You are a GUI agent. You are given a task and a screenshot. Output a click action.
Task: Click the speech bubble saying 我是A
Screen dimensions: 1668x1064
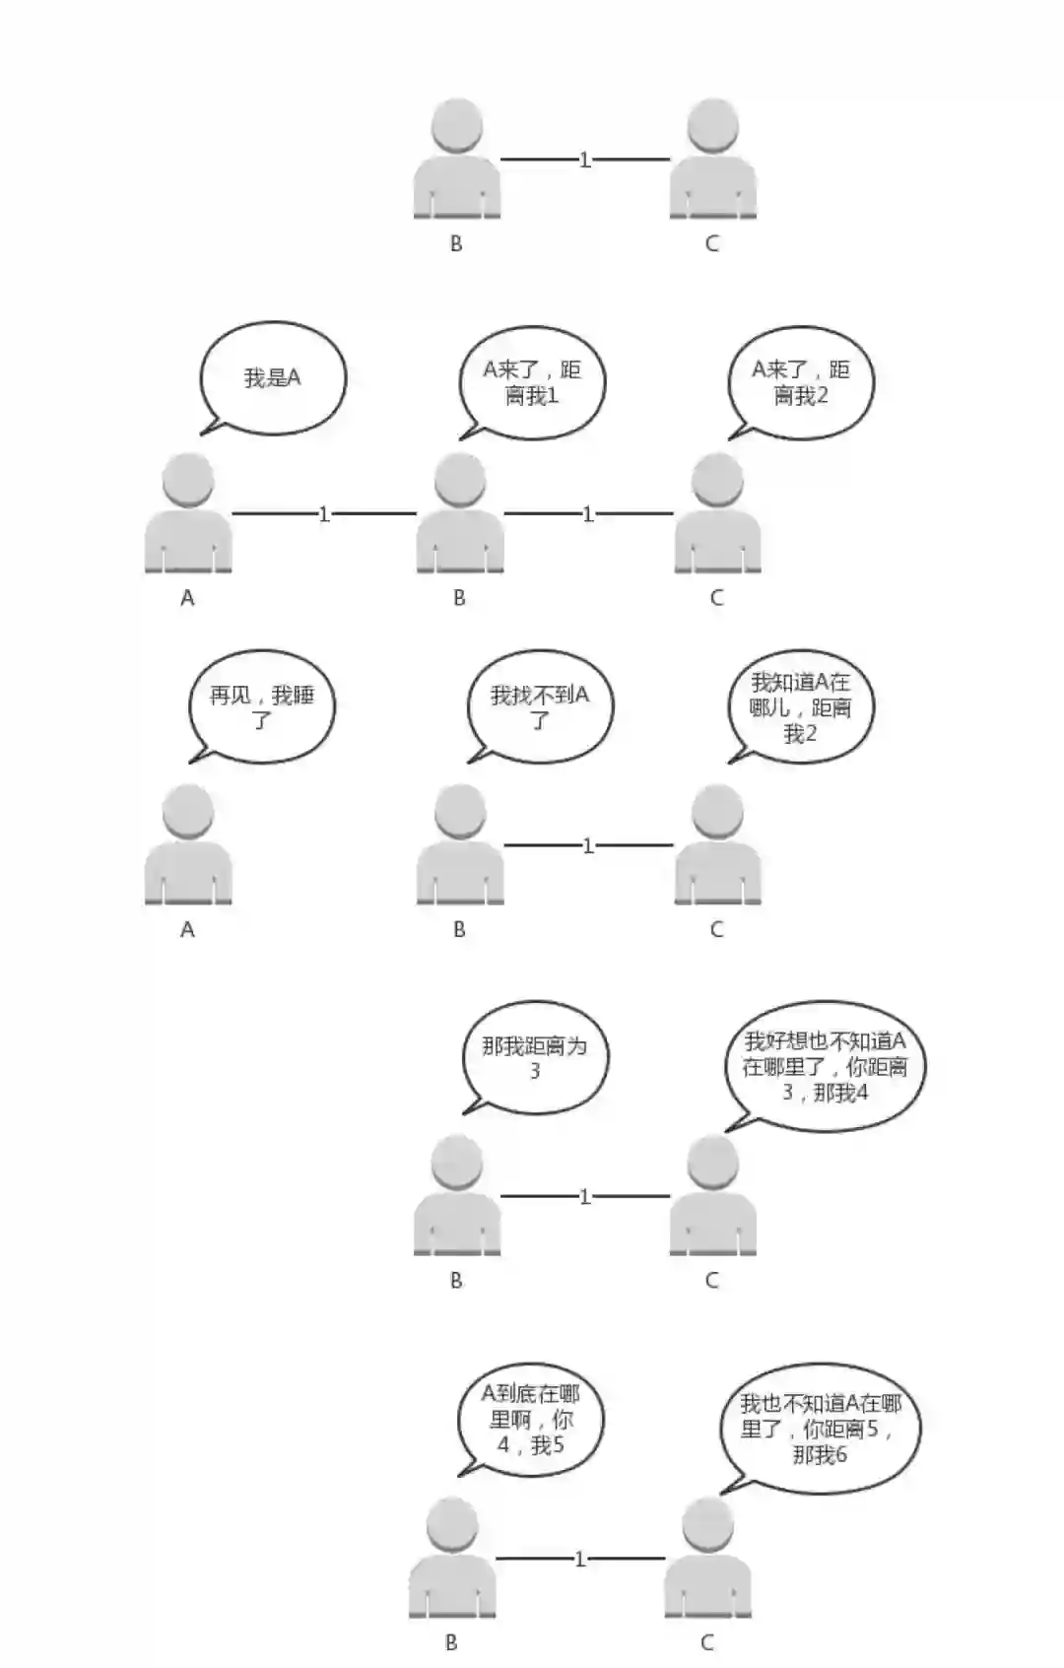click(x=273, y=377)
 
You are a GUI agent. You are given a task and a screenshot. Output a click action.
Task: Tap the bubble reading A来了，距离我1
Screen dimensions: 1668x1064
click(x=532, y=382)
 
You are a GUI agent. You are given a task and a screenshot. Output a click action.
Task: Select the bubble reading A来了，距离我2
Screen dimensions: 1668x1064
click(x=800, y=382)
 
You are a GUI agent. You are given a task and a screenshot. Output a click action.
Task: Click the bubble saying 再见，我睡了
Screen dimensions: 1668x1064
click(x=261, y=707)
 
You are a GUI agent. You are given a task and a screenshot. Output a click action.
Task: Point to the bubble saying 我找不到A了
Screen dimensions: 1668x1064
click(x=540, y=707)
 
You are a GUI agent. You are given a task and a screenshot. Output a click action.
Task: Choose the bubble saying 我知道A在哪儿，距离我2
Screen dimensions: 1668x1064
click(x=800, y=707)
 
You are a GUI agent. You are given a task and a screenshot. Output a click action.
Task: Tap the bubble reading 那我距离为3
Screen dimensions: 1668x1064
click(x=535, y=1058)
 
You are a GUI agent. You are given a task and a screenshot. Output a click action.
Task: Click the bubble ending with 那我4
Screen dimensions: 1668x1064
click(x=825, y=1066)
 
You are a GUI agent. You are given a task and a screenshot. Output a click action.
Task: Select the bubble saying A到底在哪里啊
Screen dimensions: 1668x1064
click(x=531, y=1419)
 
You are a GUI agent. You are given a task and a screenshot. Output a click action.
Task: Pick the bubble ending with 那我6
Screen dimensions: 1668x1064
click(x=820, y=1429)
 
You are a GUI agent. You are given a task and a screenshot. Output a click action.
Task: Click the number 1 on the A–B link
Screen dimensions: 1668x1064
click(x=323, y=513)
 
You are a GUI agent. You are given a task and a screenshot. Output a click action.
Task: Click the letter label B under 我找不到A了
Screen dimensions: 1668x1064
click(x=459, y=929)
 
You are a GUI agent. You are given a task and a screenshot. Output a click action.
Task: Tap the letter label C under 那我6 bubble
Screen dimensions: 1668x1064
click(x=706, y=1642)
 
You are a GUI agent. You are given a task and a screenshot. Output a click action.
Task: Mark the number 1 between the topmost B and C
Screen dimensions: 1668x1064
click(x=584, y=159)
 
